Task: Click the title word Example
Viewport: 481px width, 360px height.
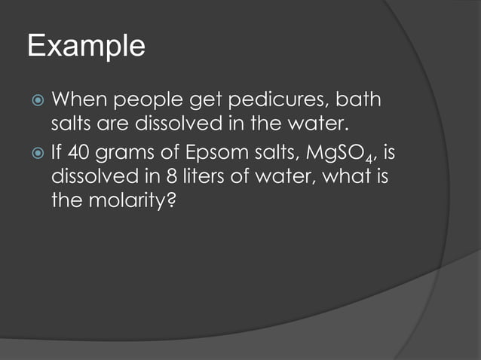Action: pos(86,47)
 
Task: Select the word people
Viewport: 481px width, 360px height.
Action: pos(143,99)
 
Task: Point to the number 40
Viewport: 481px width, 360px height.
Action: pos(78,155)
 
